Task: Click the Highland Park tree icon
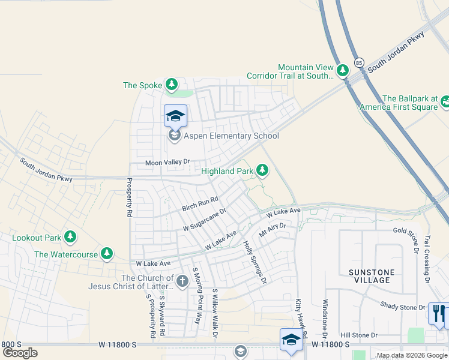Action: [x=262, y=171]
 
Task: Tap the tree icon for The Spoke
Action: [x=172, y=85]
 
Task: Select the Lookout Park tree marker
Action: [x=70, y=238]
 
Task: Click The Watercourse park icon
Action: [x=107, y=254]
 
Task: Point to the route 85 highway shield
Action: [x=359, y=62]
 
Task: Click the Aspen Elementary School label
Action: [x=231, y=136]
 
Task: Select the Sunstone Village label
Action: [x=372, y=276]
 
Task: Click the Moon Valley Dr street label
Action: [x=167, y=162]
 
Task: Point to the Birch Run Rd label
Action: [x=200, y=204]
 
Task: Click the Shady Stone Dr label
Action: [x=402, y=307]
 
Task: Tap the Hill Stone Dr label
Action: [x=359, y=335]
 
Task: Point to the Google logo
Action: [x=20, y=353]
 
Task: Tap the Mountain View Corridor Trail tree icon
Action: [x=343, y=71]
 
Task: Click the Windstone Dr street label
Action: [x=325, y=318]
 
